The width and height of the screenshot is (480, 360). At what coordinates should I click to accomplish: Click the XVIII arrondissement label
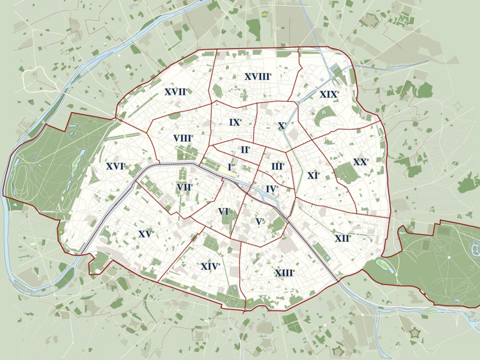[258, 76]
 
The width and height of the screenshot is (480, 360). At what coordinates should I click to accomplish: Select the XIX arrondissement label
[329, 94]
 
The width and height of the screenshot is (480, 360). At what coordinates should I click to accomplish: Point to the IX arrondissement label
[235, 122]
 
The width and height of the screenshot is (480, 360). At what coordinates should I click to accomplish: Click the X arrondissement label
[282, 125]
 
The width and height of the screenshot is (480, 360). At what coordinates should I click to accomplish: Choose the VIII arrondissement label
[183, 138]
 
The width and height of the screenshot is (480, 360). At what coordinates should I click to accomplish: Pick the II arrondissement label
[245, 150]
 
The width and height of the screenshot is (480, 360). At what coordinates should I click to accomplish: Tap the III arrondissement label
[278, 166]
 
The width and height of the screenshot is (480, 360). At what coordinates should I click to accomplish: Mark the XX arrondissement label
[361, 162]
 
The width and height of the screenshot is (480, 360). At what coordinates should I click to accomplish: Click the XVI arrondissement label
[115, 166]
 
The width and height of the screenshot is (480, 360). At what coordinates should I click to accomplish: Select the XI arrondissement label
[313, 175]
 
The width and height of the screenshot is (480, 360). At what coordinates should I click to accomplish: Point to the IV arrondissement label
[272, 189]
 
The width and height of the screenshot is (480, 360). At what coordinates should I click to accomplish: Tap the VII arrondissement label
[185, 187]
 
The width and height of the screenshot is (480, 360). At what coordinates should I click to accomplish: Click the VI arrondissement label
[224, 211]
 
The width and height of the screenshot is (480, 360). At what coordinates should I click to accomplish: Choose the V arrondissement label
[260, 221]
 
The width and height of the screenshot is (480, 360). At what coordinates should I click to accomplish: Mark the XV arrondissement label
[146, 234]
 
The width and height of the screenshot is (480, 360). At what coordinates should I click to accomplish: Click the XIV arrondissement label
[210, 266]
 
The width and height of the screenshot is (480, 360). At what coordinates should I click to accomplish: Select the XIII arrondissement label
[285, 273]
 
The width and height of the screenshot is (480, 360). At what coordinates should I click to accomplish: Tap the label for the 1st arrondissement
[231, 167]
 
